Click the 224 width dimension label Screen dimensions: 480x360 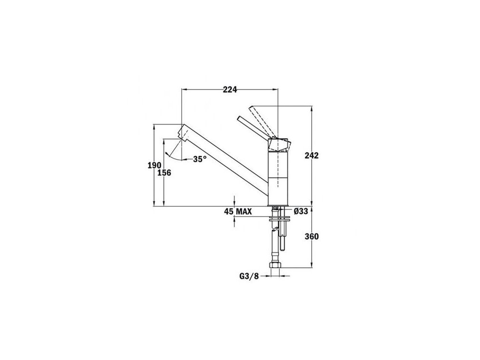coord(230,90)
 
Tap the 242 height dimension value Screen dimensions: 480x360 coord(312,156)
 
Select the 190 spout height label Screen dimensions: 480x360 coord(154,165)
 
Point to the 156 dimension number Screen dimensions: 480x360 coord(164,173)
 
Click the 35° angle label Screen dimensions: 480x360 coord(200,159)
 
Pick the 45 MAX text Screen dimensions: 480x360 coord(238,211)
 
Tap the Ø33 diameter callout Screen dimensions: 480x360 coord(300,211)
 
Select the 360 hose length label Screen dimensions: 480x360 coord(312,236)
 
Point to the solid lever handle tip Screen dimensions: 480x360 coord(239,118)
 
